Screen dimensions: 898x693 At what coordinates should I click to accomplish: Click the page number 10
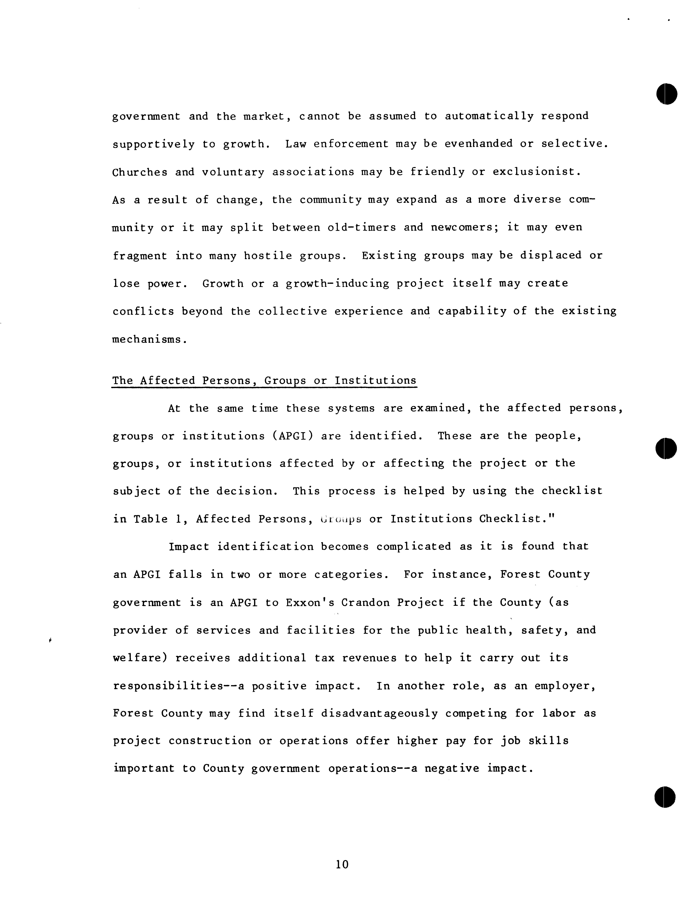click(342, 864)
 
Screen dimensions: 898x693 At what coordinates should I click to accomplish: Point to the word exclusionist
click(536, 172)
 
